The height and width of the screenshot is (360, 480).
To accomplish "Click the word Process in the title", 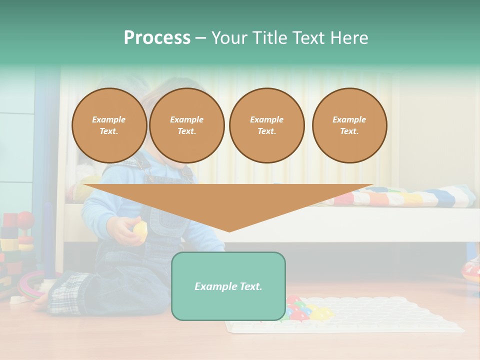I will click(x=157, y=38).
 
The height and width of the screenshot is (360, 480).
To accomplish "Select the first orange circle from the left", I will click(x=109, y=125).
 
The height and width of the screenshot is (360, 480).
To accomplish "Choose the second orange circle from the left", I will click(x=187, y=125).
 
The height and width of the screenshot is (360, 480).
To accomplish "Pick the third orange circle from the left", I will click(x=267, y=125).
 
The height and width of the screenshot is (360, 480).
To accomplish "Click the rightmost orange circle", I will click(x=349, y=125).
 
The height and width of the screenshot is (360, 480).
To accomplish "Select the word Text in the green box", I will click(x=250, y=286).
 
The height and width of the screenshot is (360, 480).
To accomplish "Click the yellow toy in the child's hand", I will click(x=140, y=229).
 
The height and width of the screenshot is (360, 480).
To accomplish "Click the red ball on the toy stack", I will click(x=25, y=219).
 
